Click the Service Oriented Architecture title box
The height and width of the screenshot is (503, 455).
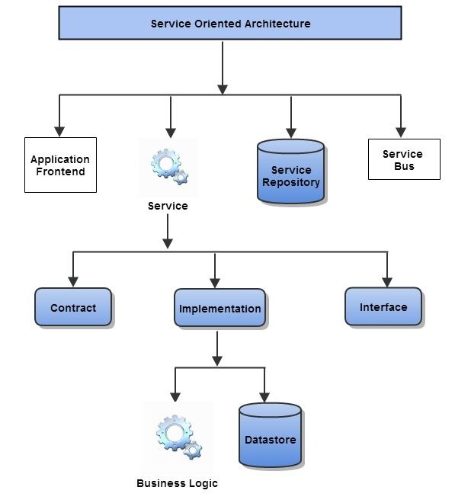coord(230,24)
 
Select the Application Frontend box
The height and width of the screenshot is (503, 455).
coord(60,165)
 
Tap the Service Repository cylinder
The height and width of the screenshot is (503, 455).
coord(290,171)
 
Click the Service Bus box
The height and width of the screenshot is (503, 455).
coord(403,159)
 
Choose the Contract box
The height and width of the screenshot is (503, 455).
coord(73,307)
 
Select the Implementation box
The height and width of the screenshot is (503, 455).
coord(219,308)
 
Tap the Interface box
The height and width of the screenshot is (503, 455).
coord(383,306)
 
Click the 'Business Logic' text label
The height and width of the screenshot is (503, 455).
coord(177,483)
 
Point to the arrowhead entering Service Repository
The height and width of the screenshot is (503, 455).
coord(290,130)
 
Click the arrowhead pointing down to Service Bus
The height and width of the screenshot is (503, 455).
coord(401,130)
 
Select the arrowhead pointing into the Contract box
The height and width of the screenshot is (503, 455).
coord(72,279)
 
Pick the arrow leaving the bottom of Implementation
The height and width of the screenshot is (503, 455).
coord(218,347)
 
